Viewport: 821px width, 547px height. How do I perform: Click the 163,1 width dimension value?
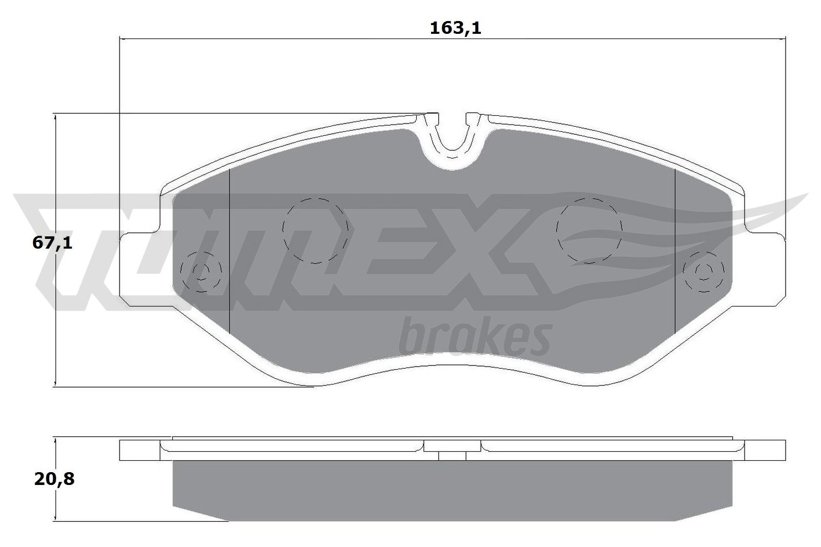pyautogui.click(x=455, y=28)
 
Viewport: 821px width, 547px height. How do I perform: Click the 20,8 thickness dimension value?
pyautogui.click(x=54, y=479)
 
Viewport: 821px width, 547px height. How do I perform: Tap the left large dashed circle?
pyautogui.click(x=316, y=230)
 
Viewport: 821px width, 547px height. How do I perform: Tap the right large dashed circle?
pyautogui.click(x=590, y=230)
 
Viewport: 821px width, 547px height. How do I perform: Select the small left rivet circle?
pyautogui.click(x=201, y=271)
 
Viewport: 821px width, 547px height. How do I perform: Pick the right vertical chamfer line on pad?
pyautogui.click(x=675, y=251)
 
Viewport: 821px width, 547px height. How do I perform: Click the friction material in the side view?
pyautogui.click(x=452, y=487)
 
